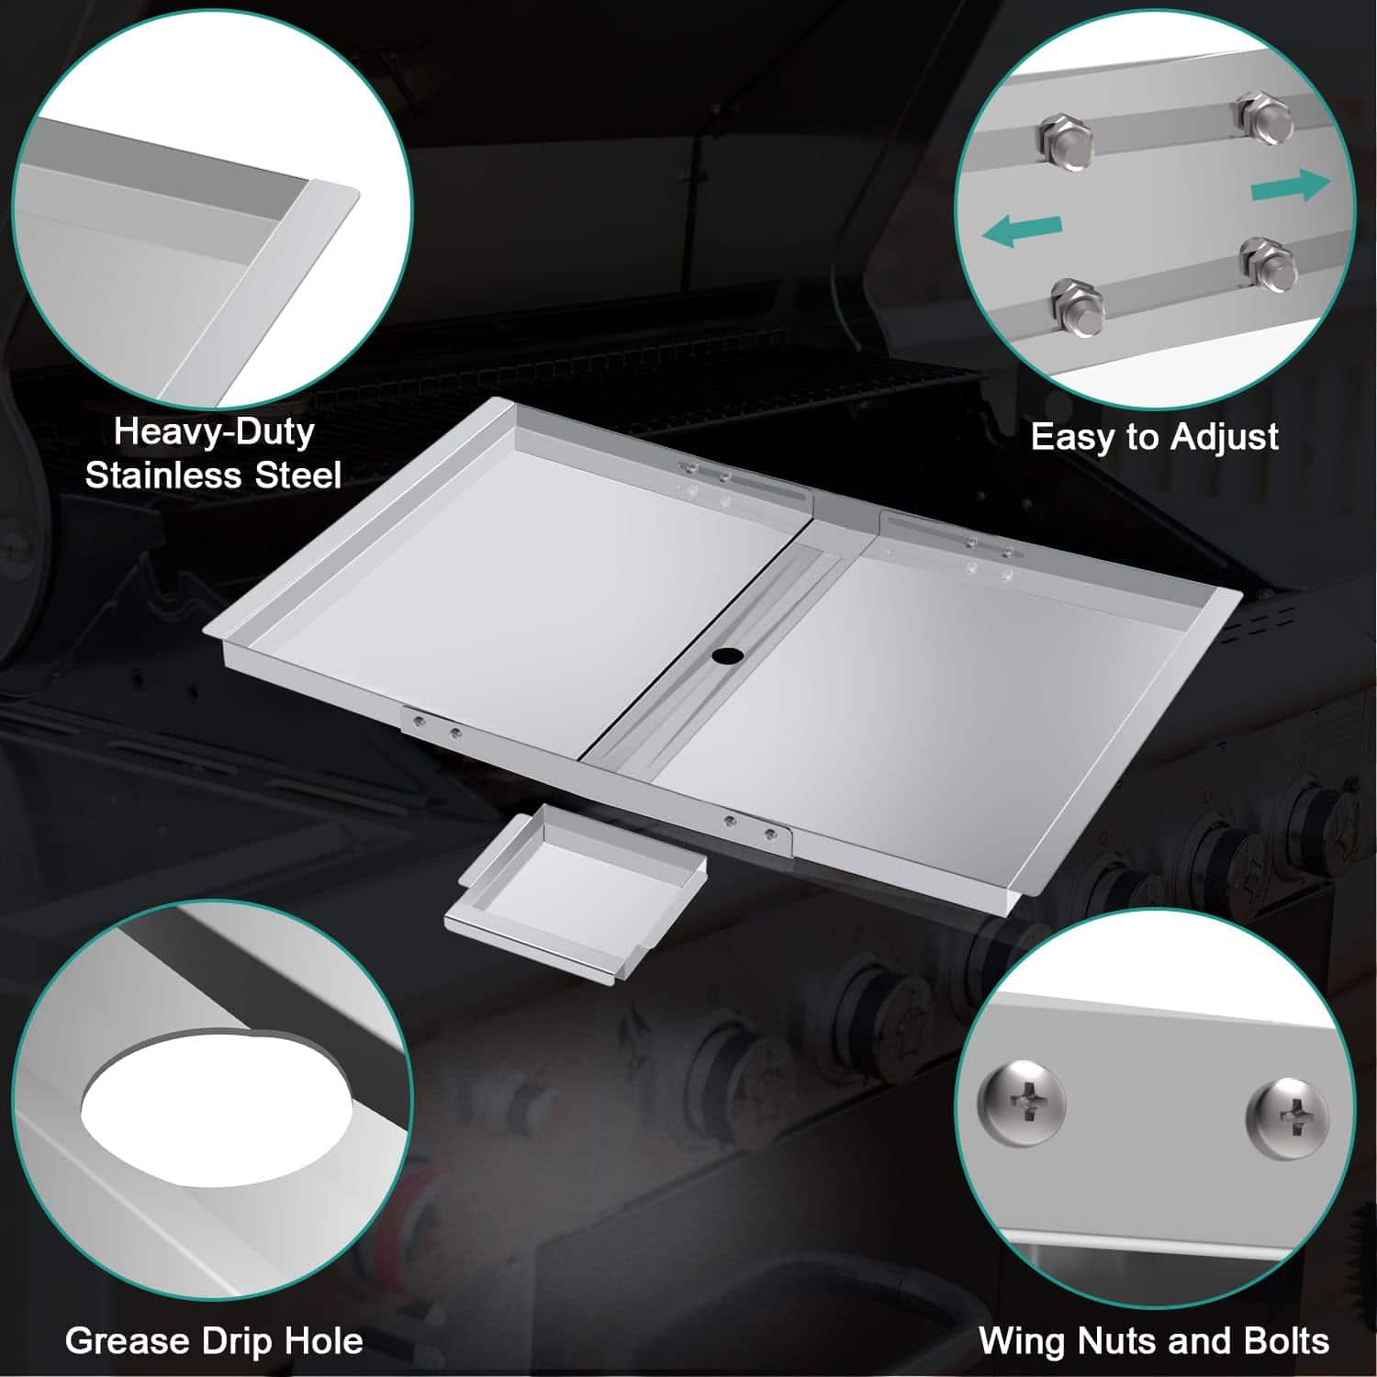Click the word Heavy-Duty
tap(214, 431)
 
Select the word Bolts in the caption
tap(1286, 1341)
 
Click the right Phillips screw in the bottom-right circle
tap(1287, 1114)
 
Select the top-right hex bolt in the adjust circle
tap(1264, 117)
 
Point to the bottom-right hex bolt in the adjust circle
tap(1268, 263)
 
